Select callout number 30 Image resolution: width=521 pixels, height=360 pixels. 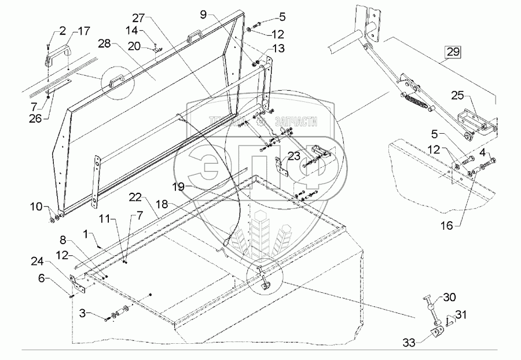[449, 298]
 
